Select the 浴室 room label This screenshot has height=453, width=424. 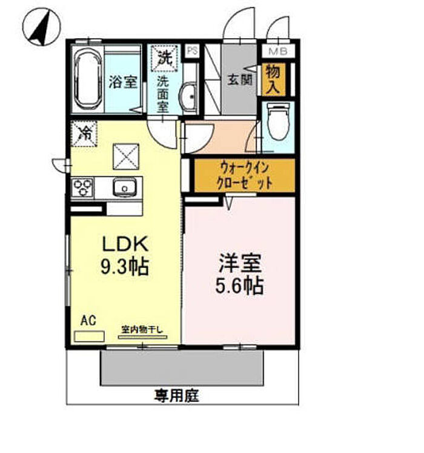pyautogui.click(x=123, y=82)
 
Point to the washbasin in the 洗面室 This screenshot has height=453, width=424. pyautogui.click(x=188, y=96)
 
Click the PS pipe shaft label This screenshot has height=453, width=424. pyautogui.click(x=193, y=50)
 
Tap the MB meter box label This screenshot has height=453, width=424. pyautogui.click(x=278, y=52)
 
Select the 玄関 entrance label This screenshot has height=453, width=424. pyautogui.click(x=240, y=79)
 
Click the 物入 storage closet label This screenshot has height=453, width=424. pyautogui.click(x=273, y=79)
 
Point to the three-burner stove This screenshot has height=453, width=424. pyautogui.click(x=82, y=188)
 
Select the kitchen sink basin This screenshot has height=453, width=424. pyautogui.click(x=125, y=187)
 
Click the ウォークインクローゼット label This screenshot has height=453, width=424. pyautogui.click(x=245, y=175)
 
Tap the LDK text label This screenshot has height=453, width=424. pyautogui.click(x=125, y=244)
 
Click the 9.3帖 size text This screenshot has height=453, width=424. pyautogui.click(x=125, y=266)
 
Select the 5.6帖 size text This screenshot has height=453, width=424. pyautogui.click(x=239, y=286)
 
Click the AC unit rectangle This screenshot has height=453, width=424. pyautogui.click(x=89, y=337)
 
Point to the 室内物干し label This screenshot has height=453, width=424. pyautogui.click(x=142, y=329)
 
